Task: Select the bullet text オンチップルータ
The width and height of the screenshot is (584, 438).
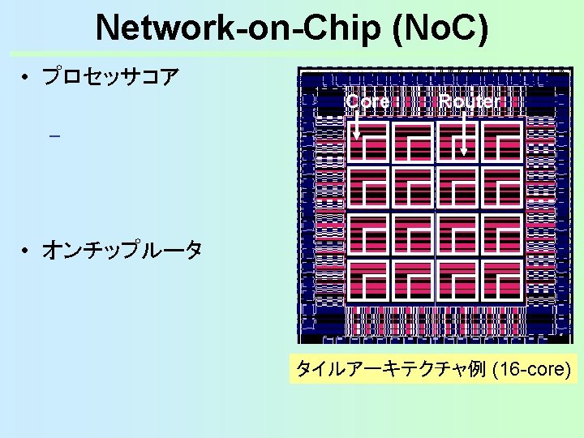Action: coord(121,251)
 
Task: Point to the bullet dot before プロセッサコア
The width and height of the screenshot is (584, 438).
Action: coord(27,79)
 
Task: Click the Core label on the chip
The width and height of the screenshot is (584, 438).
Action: coord(367,102)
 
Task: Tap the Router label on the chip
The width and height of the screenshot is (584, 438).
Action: coord(470,102)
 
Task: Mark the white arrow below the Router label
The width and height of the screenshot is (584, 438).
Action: coord(463,134)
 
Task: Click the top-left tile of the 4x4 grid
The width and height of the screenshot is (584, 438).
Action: coord(370,141)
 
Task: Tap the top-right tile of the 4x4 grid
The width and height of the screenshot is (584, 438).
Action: coord(501,141)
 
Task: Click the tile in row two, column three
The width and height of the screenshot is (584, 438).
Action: coord(457,187)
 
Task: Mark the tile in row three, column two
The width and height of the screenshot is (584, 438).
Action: coord(414,234)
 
